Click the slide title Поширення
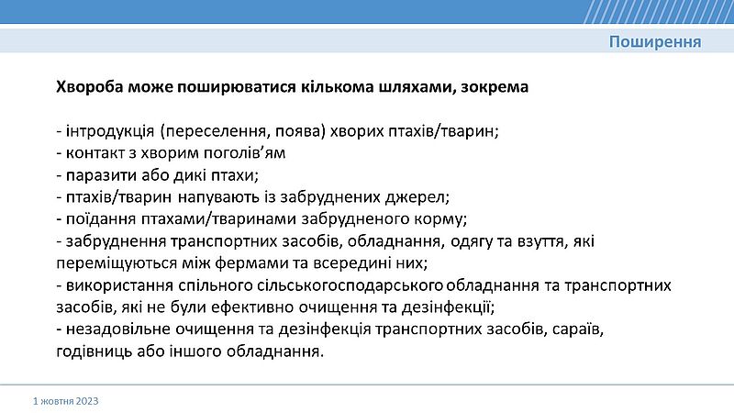[x=655, y=42]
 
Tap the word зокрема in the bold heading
[x=495, y=87]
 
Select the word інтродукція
[x=110, y=131]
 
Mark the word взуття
[x=540, y=241]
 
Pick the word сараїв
[x=578, y=329]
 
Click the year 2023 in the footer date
[x=87, y=401]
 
